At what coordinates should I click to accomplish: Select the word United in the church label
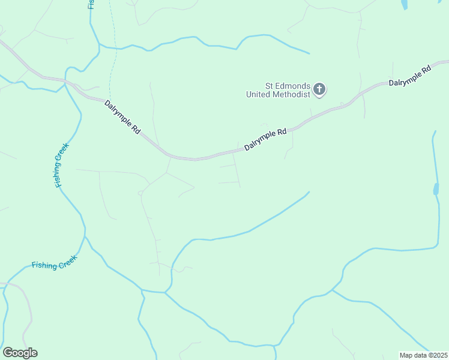[259, 94]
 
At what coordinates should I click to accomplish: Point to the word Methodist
[292, 94]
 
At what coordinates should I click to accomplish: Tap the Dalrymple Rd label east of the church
[410, 76]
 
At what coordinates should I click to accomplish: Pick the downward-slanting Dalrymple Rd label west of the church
[123, 116]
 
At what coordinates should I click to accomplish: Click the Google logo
[20, 353]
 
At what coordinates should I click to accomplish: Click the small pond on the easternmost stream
[435, 190]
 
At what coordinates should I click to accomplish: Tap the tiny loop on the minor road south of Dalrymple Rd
[139, 193]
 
